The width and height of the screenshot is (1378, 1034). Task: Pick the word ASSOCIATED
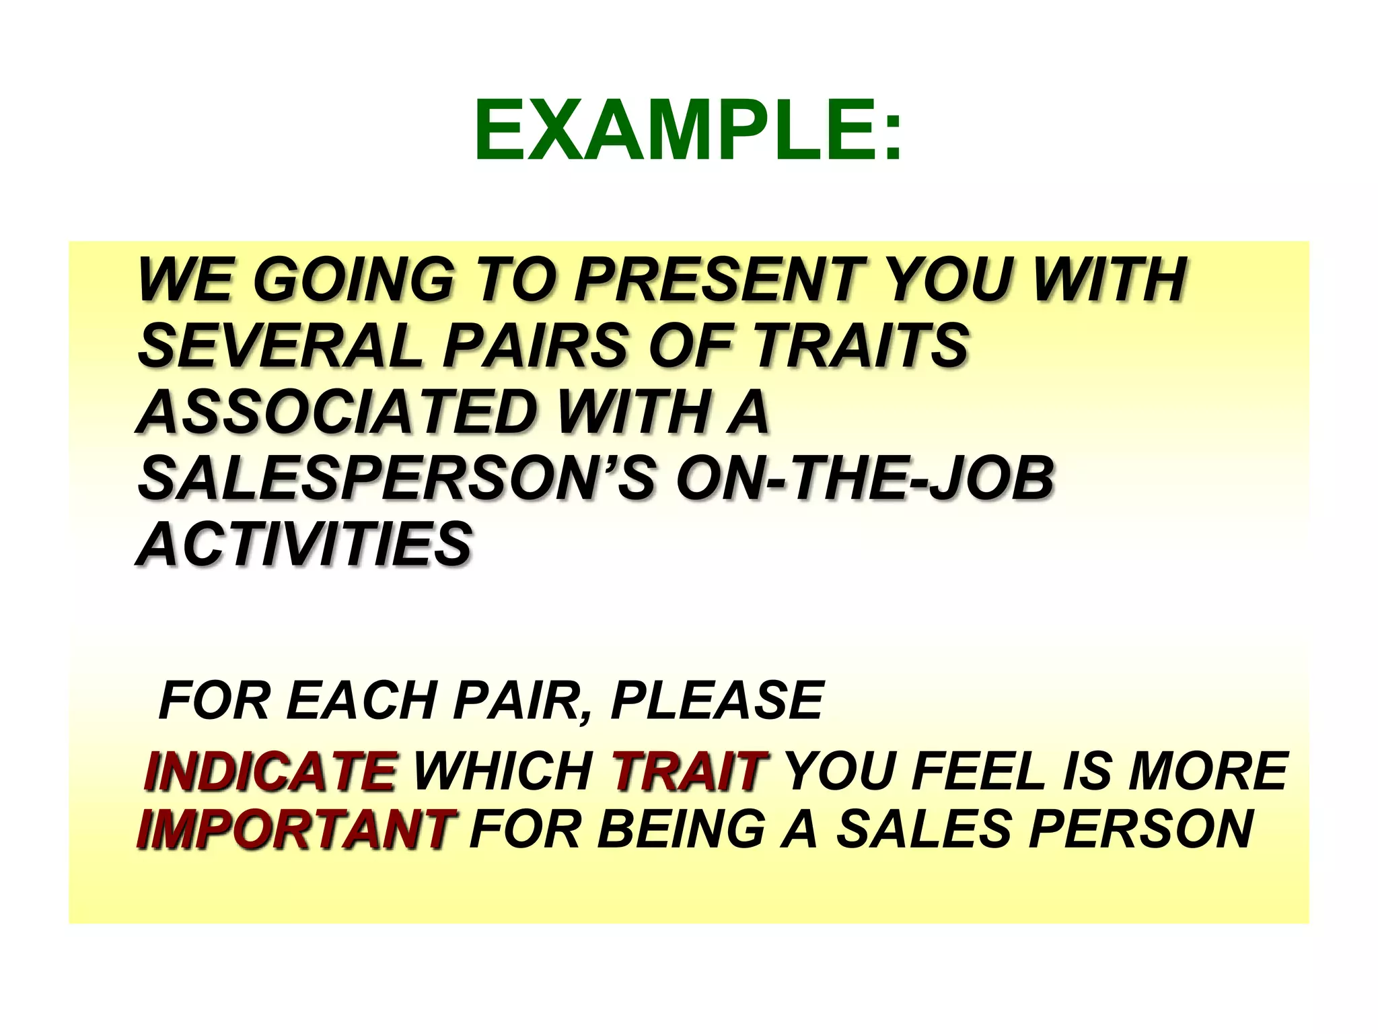(336, 411)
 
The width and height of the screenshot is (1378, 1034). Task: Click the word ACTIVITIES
(305, 543)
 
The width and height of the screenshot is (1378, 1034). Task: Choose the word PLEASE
(717, 701)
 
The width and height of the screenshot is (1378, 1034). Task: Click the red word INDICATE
(269, 771)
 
